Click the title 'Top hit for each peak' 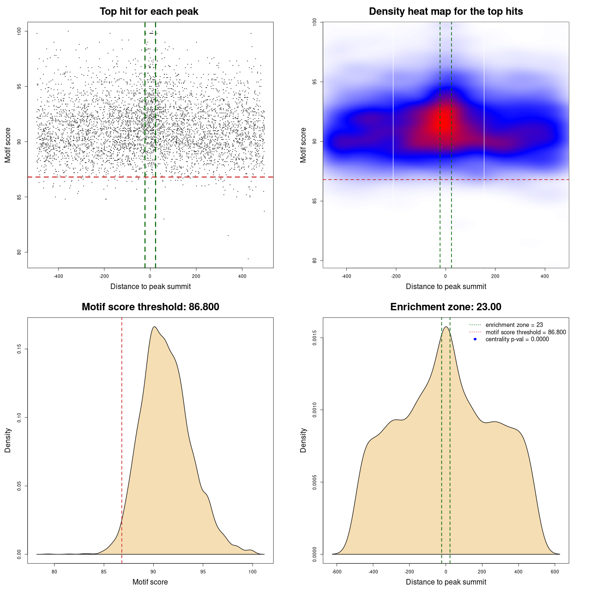coord(149,12)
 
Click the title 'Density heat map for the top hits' coord(446,12)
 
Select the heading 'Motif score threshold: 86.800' coord(150,307)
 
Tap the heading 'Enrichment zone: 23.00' coord(446,307)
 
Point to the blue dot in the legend coord(475,339)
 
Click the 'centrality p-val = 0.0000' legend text coord(517,339)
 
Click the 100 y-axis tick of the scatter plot coord(19,31)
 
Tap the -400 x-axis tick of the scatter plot coord(58,277)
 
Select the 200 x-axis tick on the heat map coord(495,277)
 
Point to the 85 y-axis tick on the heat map coord(315,201)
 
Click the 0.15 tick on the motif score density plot coord(19,349)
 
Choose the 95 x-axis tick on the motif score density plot coord(203,572)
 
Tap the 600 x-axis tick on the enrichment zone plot coord(555,572)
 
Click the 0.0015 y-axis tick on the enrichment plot coord(315,338)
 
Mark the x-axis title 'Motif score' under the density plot coord(150,582)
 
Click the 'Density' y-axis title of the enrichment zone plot coord(303,440)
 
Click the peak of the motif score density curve coord(154,327)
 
